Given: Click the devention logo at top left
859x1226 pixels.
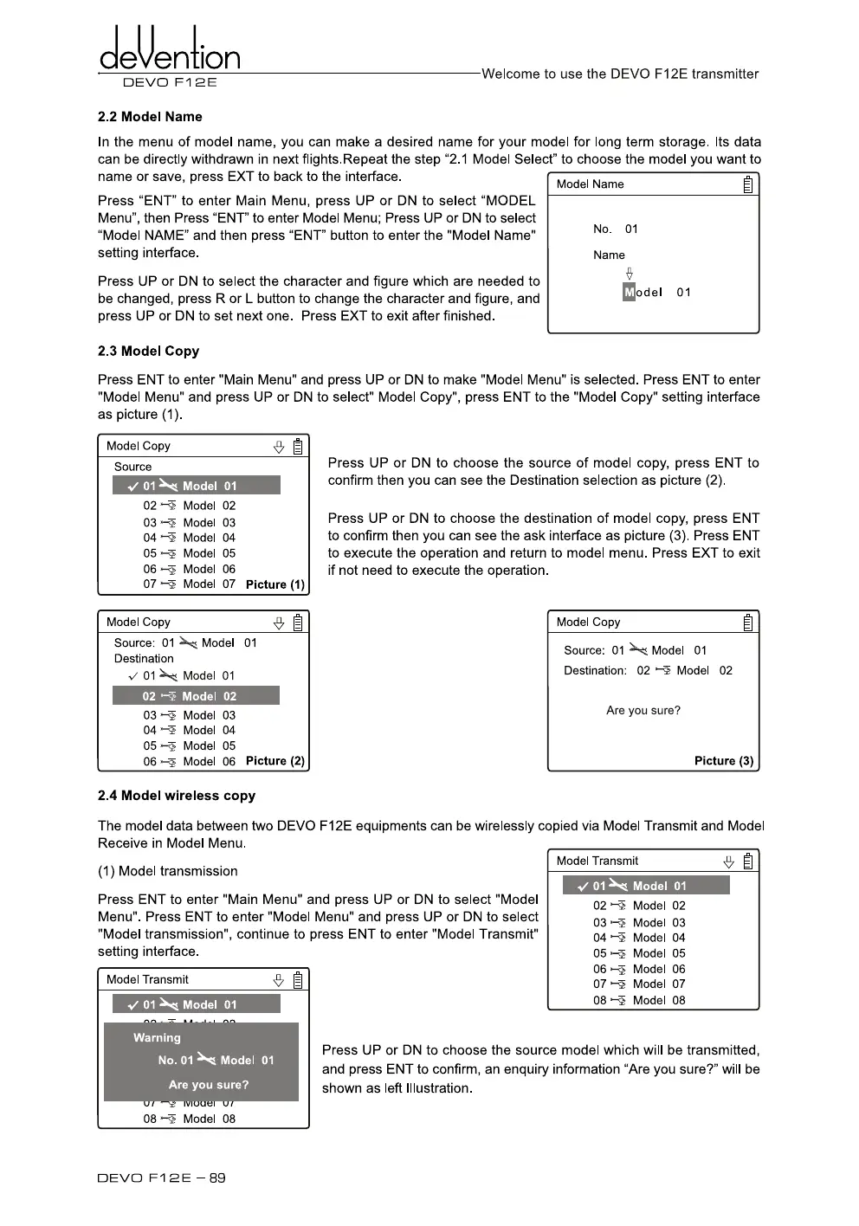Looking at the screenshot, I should (170, 52).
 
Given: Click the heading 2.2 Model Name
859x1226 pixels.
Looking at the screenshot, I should (150, 117).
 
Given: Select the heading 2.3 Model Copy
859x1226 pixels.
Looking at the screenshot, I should (148, 351).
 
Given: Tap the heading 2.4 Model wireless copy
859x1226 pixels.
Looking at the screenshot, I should (177, 795).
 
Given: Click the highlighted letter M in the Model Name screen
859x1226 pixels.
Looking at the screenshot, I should (629, 293).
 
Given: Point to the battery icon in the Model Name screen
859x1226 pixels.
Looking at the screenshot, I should (748, 184).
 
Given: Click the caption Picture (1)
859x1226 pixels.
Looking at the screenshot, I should (275, 584).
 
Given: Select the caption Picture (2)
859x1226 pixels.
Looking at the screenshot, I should (275, 761).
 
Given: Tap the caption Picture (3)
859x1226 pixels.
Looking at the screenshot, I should (724, 761).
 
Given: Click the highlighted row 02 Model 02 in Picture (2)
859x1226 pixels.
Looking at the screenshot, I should (196, 696).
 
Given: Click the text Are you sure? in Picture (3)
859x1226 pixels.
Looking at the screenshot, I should (643, 711).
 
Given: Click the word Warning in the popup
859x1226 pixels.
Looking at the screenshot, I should (157, 1037).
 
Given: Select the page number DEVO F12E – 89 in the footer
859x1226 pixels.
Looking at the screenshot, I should (162, 1178).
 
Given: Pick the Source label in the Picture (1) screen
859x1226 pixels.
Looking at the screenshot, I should (132, 467).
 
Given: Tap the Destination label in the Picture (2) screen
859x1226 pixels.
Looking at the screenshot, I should (144, 659).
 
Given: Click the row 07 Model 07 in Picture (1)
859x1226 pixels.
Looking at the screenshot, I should (189, 584).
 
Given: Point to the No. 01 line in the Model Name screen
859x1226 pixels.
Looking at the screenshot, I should (615, 229).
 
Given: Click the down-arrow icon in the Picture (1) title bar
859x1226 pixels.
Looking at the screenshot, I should (279, 447).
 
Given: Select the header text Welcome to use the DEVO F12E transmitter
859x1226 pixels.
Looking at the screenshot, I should (620, 74).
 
